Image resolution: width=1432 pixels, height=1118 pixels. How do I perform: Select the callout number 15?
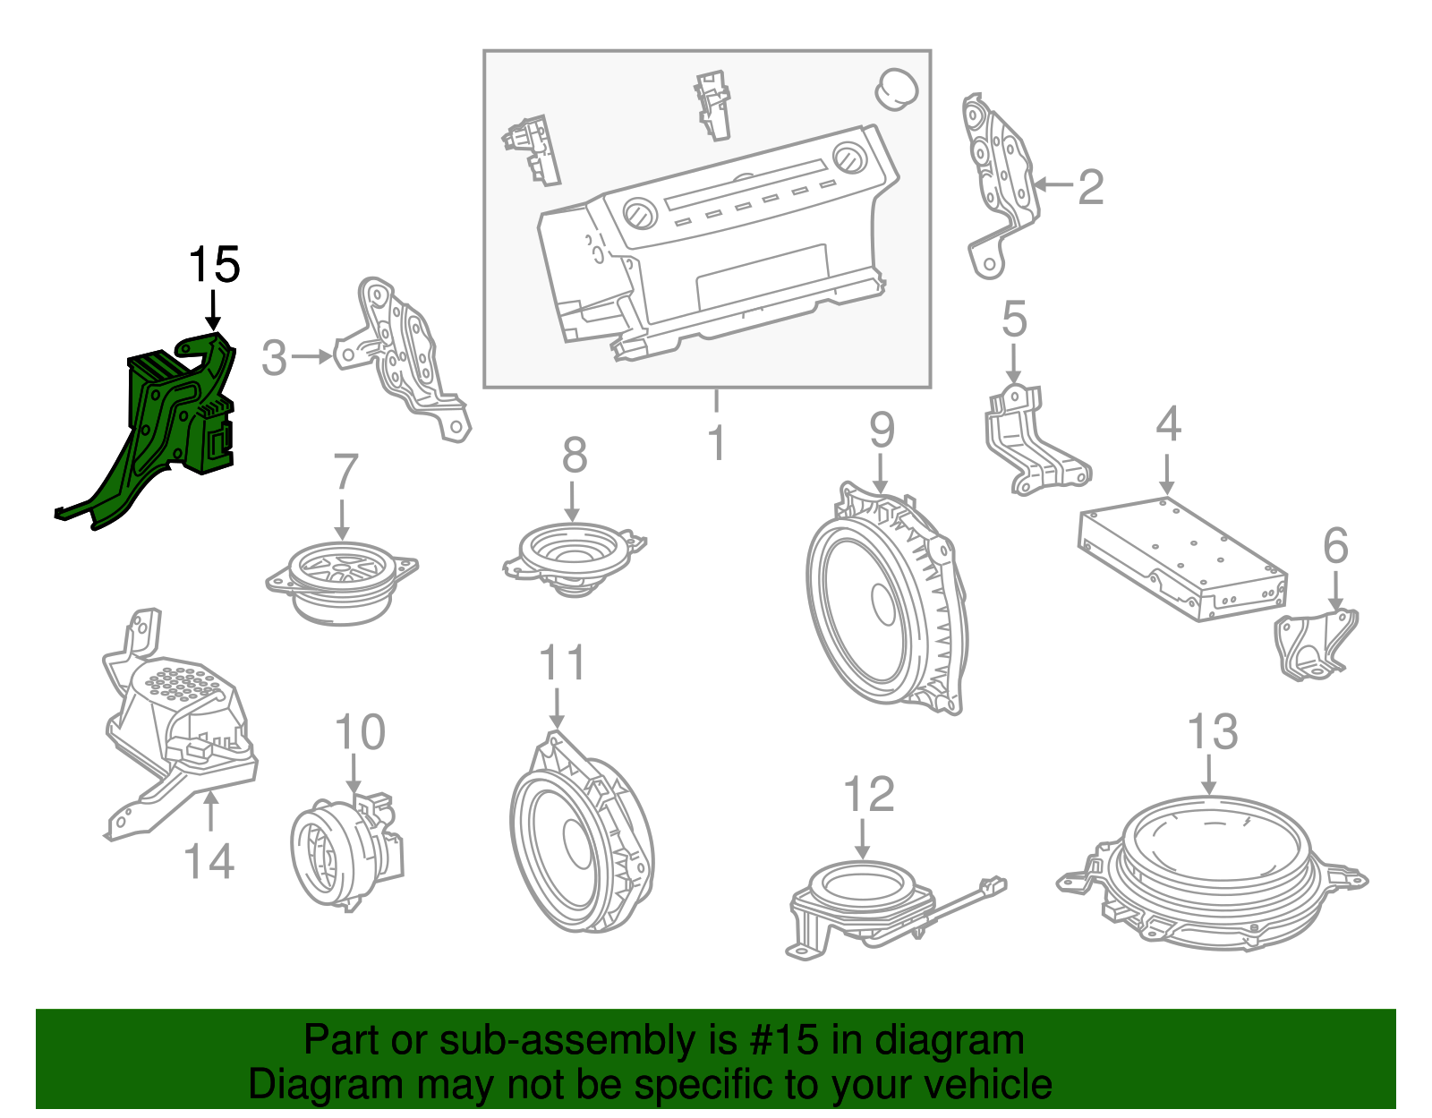pos(214,265)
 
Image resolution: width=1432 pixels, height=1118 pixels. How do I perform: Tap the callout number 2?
pos(1091,187)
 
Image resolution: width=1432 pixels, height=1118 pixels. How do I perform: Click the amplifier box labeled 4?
pos(1182,559)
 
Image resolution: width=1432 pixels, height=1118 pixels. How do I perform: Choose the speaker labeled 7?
pos(341,581)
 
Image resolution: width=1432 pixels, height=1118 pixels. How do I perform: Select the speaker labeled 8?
pos(575,559)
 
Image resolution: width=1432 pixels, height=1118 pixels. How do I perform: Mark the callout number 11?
pos(561,662)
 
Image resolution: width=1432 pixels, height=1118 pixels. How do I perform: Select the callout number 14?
pos(209,862)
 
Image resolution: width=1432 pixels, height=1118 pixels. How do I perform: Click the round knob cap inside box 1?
pos(897,89)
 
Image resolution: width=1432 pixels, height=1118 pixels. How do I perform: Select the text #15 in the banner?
pos(783,1040)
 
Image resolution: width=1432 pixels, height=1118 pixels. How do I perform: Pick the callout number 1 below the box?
pos(716,443)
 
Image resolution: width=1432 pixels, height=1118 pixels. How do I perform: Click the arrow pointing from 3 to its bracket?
pos(311,357)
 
